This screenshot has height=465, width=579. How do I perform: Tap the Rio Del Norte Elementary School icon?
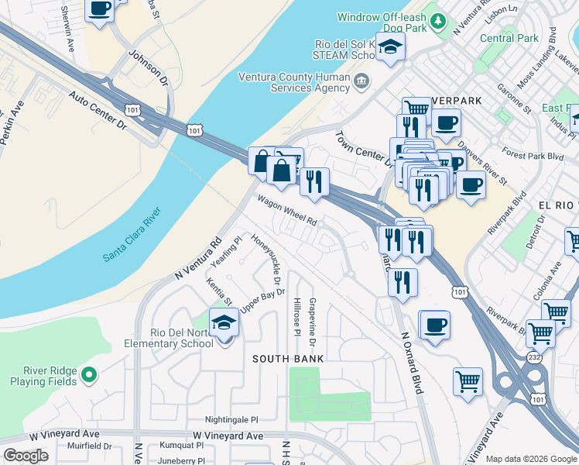(224, 322)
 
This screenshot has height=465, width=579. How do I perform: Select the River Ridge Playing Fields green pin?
(89, 376)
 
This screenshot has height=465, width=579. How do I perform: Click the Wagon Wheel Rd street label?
(288, 211)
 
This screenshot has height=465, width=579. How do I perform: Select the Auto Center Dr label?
(98, 108)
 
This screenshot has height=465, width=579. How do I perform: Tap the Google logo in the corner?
(26, 456)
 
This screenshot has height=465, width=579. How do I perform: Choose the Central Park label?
(509, 38)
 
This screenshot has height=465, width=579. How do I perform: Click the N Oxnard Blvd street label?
(411, 364)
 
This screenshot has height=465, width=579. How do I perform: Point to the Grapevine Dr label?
(312, 321)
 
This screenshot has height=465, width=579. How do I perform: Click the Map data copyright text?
(531, 458)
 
